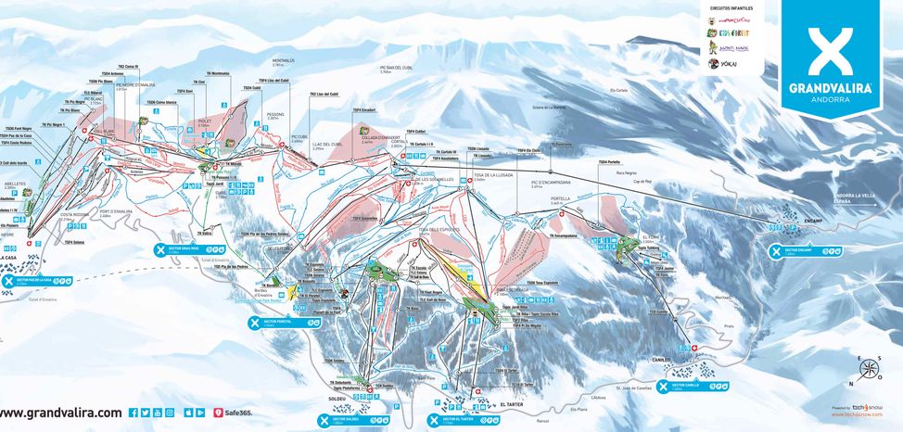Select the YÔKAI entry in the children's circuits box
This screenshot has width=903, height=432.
coord(728,64)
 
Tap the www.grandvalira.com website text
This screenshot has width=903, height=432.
coord(61,413)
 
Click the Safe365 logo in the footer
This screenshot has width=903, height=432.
coord(232,413)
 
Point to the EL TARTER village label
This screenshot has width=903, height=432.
coord(512,404)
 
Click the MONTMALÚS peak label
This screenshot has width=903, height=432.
coord(284,61)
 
